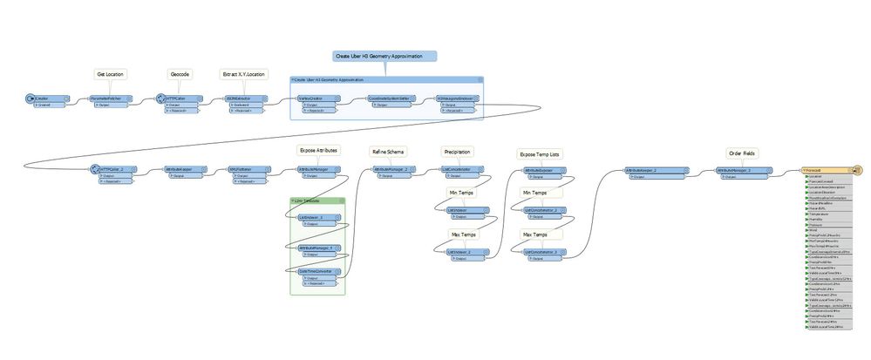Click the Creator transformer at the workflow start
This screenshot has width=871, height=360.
(42, 98)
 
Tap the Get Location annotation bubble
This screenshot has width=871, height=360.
(110, 75)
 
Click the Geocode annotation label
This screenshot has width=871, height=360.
(180, 75)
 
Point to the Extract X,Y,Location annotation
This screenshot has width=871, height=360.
(244, 75)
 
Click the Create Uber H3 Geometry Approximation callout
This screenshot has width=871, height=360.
(384, 56)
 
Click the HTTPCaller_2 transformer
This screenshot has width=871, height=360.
(114, 169)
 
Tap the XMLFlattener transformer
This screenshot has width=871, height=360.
(246, 169)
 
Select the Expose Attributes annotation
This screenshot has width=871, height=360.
(318, 150)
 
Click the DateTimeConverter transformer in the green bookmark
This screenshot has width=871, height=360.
(318, 270)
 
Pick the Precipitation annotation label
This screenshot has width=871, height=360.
(458, 150)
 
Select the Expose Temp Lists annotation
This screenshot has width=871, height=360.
(540, 153)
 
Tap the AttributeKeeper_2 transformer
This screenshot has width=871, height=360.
(646, 169)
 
